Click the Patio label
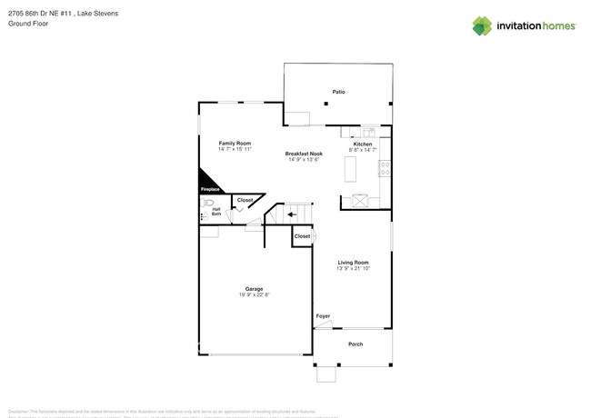(338, 92)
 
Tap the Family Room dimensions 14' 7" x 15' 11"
(235, 149)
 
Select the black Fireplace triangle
(208, 181)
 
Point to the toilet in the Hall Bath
(207, 203)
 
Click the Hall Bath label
(216, 212)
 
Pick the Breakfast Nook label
(304, 154)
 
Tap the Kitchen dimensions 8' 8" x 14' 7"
(363, 149)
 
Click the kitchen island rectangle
(349, 169)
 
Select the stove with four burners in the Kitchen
(386, 168)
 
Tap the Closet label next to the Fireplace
(245, 200)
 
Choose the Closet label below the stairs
(302, 236)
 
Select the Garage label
(254, 289)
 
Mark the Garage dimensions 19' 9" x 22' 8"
(254, 294)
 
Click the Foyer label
(323, 315)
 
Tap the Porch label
(356, 343)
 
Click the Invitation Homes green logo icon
(482, 25)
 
